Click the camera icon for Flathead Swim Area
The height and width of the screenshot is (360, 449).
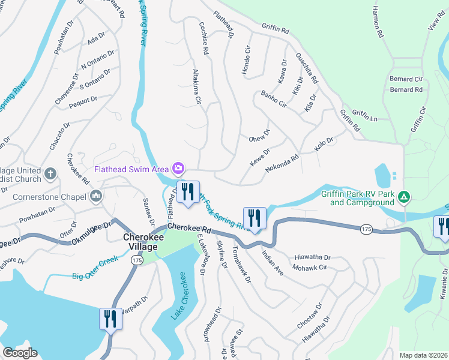click(x=178, y=168)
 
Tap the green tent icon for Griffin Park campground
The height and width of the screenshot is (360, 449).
click(x=405, y=197)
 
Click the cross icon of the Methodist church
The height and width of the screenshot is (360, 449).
click(x=51, y=174)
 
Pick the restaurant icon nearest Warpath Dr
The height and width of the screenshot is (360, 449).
click(x=110, y=319)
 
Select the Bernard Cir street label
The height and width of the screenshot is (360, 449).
click(x=406, y=79)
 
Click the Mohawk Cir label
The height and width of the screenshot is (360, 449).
click(x=310, y=266)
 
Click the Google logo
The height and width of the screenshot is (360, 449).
click(x=20, y=353)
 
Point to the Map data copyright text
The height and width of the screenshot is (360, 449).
click(x=423, y=355)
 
